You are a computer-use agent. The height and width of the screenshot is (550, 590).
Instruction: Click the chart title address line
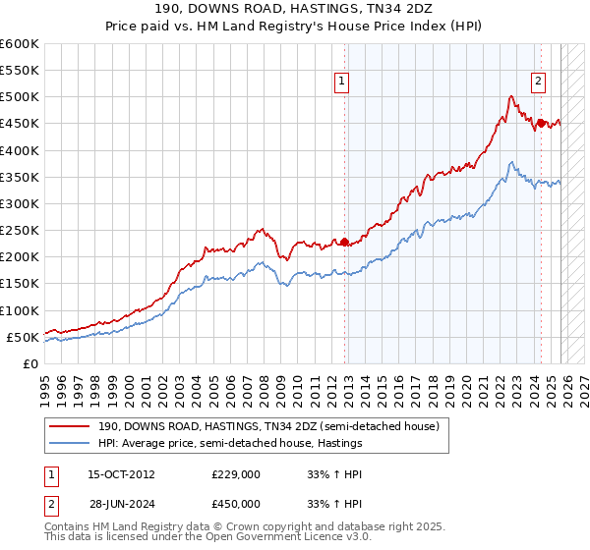point(294,8)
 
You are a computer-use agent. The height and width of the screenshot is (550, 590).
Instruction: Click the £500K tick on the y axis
point(20,97)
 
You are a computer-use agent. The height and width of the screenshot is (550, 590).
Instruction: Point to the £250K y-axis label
point(20,231)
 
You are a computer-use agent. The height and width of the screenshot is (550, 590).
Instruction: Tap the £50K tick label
point(23,337)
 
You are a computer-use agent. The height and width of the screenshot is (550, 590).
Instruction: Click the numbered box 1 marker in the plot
point(341,82)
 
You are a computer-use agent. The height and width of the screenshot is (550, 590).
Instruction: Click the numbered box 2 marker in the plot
point(539,82)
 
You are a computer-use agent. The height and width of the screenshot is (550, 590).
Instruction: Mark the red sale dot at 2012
point(344,242)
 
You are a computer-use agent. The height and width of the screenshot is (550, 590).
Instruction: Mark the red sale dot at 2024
point(540,124)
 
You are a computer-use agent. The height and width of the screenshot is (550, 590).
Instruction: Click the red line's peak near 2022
point(510,96)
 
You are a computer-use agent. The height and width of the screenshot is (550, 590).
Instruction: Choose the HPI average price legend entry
point(230,443)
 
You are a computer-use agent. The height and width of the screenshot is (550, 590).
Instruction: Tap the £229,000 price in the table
point(235,473)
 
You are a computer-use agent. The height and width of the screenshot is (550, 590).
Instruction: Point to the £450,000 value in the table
point(235,503)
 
